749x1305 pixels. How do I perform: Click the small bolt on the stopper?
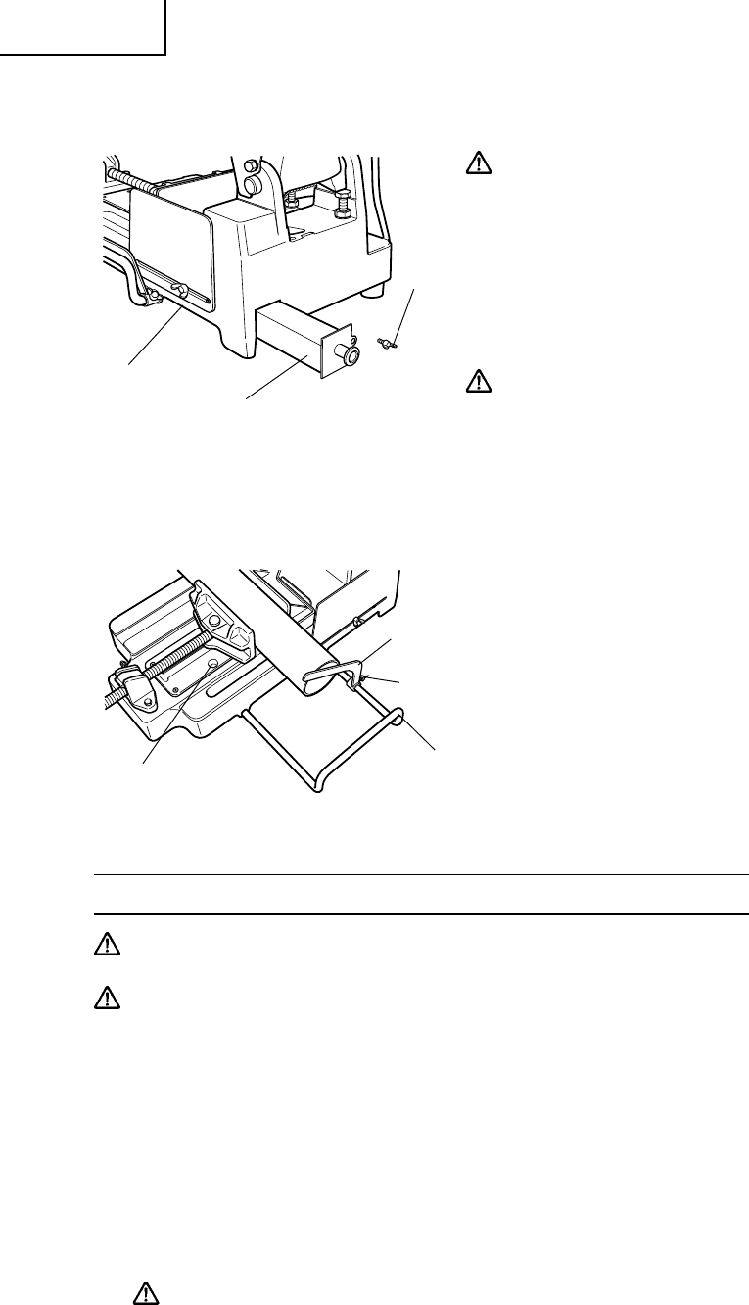364,678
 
